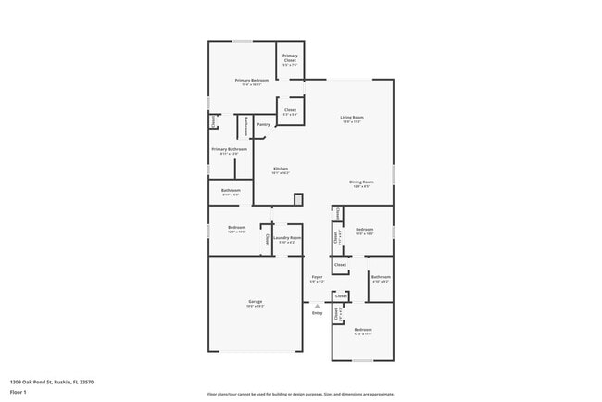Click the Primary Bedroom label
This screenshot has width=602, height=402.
(x=239, y=81)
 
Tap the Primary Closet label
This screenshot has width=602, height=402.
(x=290, y=59)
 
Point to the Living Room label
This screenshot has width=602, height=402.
(x=351, y=117)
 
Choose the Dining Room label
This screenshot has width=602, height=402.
(x=361, y=182)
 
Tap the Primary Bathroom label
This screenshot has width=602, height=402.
(x=229, y=150)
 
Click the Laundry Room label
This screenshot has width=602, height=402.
(x=288, y=239)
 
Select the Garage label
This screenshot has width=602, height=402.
(x=255, y=303)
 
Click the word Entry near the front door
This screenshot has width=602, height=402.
(x=317, y=314)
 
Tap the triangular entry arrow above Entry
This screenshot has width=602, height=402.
(x=317, y=306)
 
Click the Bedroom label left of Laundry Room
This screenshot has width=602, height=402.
(x=237, y=228)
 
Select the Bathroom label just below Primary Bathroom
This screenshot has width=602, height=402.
(x=231, y=191)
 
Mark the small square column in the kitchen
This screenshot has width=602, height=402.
(x=298, y=199)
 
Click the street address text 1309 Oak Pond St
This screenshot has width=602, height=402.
(x=52, y=382)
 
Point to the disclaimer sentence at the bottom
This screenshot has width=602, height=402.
(x=300, y=394)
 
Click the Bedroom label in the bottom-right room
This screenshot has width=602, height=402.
(x=361, y=331)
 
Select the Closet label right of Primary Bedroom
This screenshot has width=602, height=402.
(x=290, y=110)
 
